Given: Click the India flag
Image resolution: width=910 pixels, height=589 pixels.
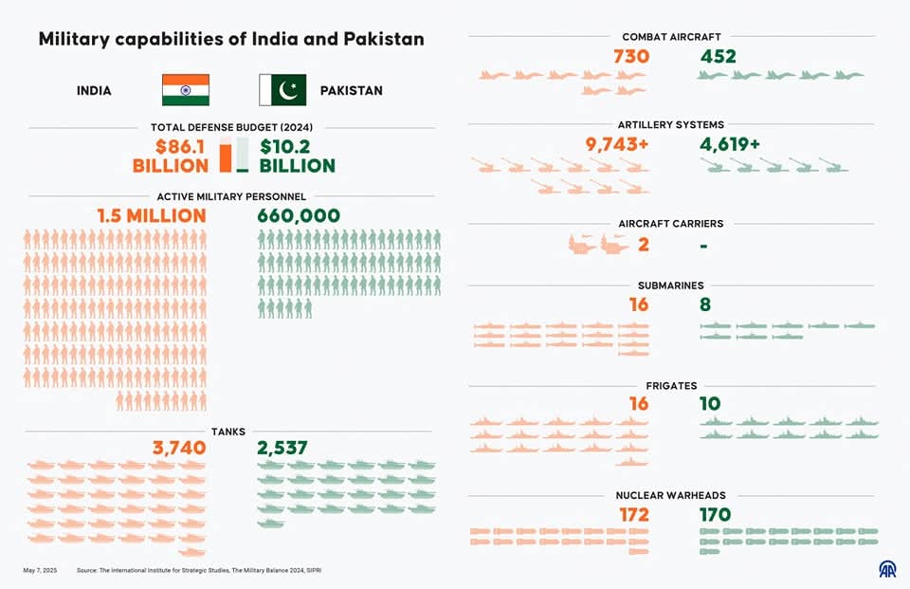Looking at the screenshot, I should (x=185, y=90).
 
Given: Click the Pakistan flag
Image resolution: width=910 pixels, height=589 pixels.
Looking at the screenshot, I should (x=282, y=90).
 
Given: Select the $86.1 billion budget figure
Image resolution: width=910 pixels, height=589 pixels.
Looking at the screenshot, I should (x=171, y=156).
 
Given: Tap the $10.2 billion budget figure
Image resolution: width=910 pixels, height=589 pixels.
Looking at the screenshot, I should (x=297, y=156).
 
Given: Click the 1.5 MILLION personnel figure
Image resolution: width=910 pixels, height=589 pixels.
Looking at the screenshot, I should (x=152, y=216).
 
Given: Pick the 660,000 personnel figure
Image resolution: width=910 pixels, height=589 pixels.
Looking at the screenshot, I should (x=299, y=216).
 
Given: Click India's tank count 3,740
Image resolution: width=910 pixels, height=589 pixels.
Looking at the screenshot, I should (x=179, y=448).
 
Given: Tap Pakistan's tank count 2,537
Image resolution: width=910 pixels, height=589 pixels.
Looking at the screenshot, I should (x=282, y=448).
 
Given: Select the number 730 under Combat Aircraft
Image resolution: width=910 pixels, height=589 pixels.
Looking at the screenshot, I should (x=631, y=57).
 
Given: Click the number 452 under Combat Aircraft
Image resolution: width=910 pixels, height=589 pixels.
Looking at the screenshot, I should (x=719, y=57).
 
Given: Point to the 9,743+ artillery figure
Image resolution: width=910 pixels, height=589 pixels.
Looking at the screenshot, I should (x=617, y=145).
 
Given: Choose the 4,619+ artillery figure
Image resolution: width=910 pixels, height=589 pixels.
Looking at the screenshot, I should (x=730, y=145).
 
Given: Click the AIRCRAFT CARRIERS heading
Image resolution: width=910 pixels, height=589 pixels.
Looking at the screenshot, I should (x=670, y=224).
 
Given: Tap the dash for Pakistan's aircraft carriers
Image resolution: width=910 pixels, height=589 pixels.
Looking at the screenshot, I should (x=703, y=246).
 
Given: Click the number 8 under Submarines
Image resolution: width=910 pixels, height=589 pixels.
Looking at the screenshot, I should (x=705, y=304).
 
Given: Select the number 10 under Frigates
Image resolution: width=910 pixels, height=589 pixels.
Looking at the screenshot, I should (x=710, y=404).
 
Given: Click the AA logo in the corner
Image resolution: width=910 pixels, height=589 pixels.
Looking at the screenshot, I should (x=887, y=569).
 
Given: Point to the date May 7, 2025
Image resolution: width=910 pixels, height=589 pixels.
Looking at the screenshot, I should (x=40, y=570).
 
